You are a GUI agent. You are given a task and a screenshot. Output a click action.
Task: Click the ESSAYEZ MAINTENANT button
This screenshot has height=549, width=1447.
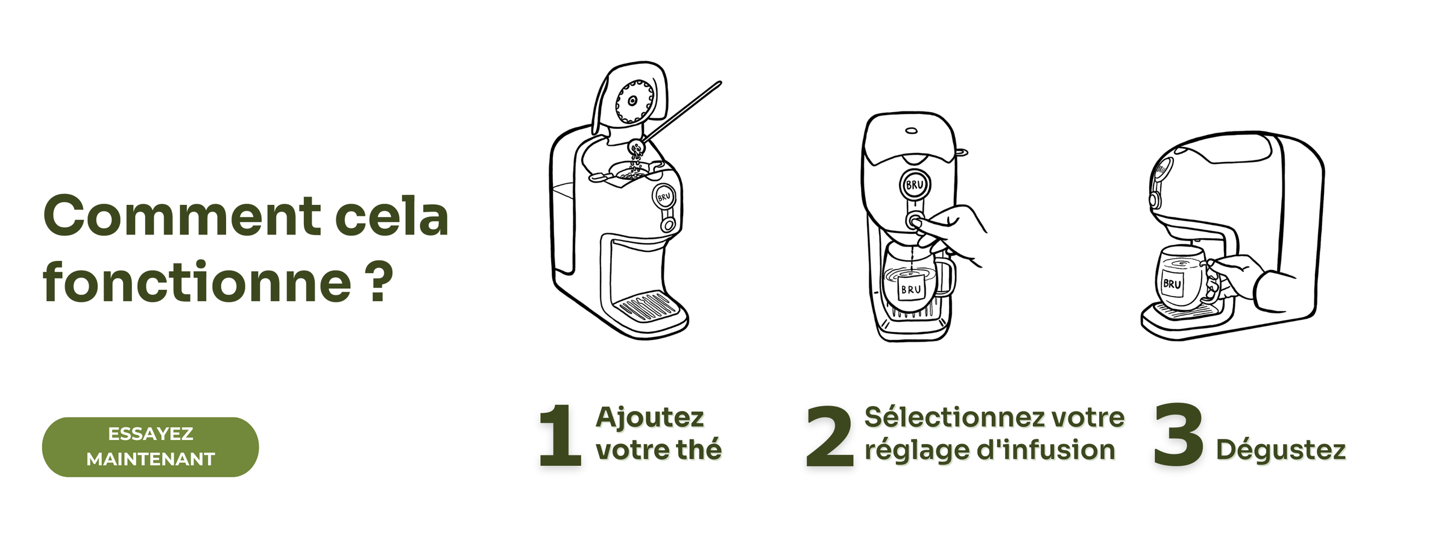pos(150,447)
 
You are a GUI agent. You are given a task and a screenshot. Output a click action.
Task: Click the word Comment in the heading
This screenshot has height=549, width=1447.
pos(183,216)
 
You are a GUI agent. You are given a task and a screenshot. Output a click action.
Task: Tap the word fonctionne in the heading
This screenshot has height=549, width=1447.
pos(197,282)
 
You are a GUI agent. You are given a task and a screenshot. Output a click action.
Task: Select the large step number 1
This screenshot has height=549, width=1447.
pos(560,435)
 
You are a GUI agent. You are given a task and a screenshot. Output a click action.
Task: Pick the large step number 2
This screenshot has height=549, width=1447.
pos(830,436)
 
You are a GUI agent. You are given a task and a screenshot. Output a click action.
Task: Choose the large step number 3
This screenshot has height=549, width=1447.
pos(1179,434)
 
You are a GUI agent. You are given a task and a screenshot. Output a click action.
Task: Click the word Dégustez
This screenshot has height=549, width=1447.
pos(1281,450)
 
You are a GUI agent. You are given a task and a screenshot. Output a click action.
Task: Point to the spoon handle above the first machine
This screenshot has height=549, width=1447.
pos(682,111)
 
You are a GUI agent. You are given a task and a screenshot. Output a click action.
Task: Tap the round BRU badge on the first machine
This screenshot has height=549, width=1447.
pos(664,196)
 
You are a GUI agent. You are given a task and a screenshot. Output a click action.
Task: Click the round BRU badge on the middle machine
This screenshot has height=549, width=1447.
pos(915,184)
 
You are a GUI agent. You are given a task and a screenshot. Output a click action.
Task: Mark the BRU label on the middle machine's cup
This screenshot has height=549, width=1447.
pos(910,289)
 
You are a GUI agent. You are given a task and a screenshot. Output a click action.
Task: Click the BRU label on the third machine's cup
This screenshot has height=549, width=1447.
pos(1172,283)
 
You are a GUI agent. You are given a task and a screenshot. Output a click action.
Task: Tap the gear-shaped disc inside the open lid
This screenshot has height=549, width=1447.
pos(634,101)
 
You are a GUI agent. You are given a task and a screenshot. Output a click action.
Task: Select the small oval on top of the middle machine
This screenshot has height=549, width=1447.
pos(912,130)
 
